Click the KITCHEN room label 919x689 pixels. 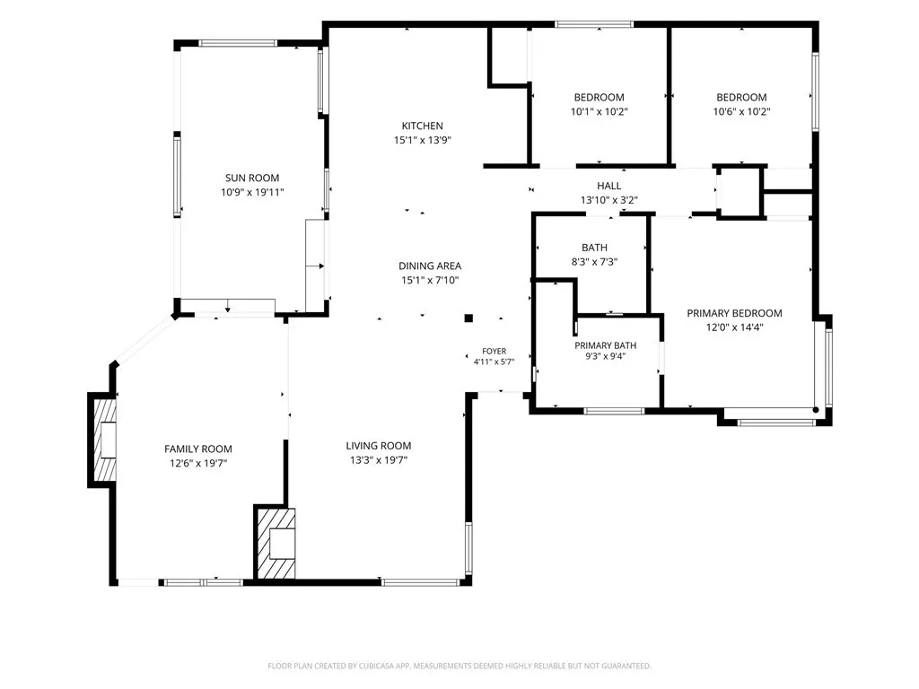tap(422, 126)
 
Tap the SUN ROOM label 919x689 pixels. tap(252, 179)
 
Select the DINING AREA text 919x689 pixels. tap(430, 266)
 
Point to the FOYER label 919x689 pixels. tap(495, 351)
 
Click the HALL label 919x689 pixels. tap(609, 186)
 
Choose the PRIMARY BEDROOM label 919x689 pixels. tap(734, 313)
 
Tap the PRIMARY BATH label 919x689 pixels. tap(606, 345)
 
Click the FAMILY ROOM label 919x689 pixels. tap(198, 449)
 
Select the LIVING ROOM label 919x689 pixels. tap(379, 446)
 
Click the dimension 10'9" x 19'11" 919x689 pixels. tap(252, 192)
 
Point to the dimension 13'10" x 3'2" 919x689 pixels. tap(609, 200)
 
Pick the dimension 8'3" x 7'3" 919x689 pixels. tap(594, 262)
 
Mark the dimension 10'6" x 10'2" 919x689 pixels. tap(741, 111)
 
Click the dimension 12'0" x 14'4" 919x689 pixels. tap(734, 327)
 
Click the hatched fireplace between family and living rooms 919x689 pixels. tap(276, 543)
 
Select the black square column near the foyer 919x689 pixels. tap(468, 318)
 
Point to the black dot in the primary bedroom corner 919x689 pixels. tap(816, 410)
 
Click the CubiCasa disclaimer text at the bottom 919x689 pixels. tap(459, 667)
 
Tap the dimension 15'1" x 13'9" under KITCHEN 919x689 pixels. tap(422, 140)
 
